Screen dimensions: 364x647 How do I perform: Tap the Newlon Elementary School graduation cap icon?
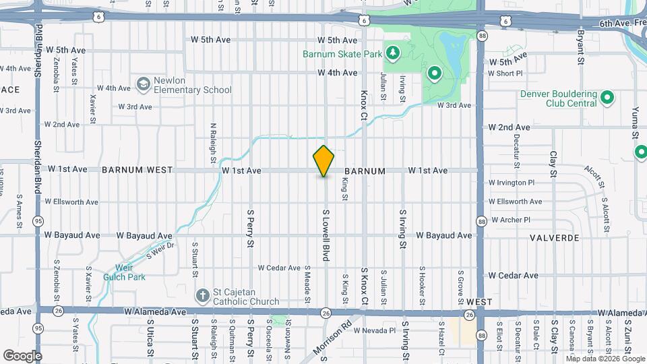[x=143, y=84]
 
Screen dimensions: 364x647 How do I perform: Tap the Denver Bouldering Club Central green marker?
[x=607, y=98]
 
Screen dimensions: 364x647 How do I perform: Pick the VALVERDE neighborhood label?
[x=555, y=238]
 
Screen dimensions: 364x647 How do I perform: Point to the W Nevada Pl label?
[x=373, y=330]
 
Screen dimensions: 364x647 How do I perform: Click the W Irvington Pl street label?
[x=511, y=182]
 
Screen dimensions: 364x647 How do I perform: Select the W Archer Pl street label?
[x=511, y=220]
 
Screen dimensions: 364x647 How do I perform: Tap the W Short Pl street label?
[x=505, y=73]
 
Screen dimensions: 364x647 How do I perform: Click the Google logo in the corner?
[x=23, y=355]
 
